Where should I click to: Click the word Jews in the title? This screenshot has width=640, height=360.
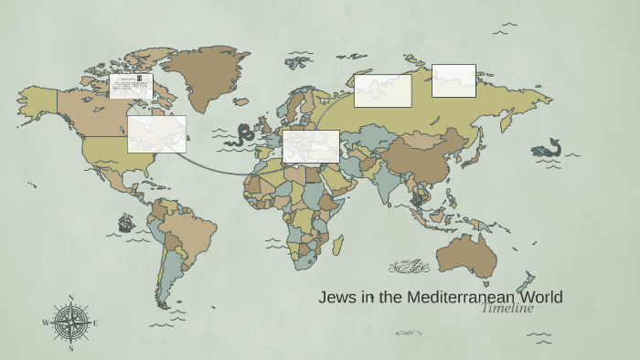click(x=335, y=297)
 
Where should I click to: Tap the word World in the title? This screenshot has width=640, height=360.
click(x=539, y=297)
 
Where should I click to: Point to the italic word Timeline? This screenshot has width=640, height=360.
click(x=507, y=308)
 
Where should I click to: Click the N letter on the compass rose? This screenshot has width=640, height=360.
click(x=70, y=299)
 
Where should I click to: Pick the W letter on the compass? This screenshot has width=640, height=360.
click(x=46, y=323)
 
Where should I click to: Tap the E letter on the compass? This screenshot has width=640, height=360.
click(x=95, y=323)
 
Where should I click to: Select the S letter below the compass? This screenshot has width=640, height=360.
click(x=70, y=347)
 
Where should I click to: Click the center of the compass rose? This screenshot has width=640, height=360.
click(x=70, y=323)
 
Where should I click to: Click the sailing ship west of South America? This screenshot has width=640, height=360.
click(x=125, y=222)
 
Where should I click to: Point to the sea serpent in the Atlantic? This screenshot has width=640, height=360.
click(x=243, y=135)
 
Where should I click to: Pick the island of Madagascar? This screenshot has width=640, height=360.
click(x=337, y=244)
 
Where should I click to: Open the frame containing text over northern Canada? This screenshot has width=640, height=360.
click(x=131, y=86)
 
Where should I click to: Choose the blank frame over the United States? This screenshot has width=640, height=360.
click(x=156, y=133)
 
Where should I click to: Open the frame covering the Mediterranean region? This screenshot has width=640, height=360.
click(x=311, y=146)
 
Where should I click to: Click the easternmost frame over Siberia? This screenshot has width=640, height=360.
click(x=453, y=80)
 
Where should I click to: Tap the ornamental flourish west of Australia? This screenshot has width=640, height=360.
click(x=409, y=267)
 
